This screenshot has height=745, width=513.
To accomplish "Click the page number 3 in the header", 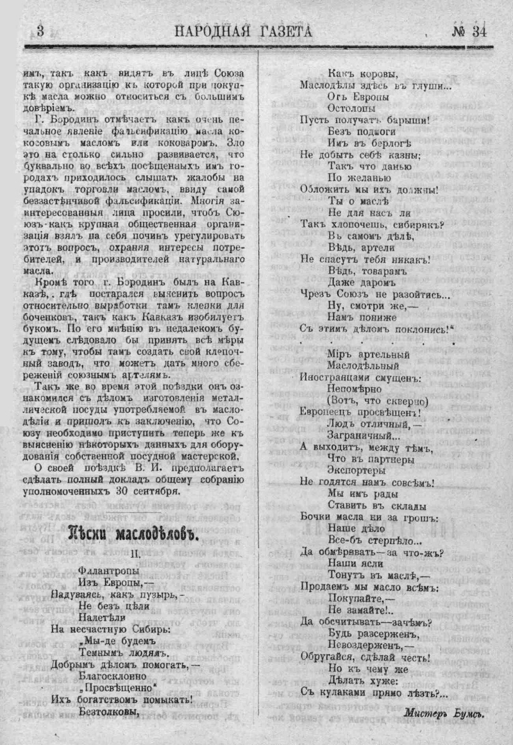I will coord(40,31).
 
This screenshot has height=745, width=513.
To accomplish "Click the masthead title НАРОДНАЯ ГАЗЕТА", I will coord(244,31).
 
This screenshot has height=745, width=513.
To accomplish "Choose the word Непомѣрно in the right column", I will coord(355,389).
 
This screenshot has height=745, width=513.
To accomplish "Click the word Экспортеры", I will coord(357,471).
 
